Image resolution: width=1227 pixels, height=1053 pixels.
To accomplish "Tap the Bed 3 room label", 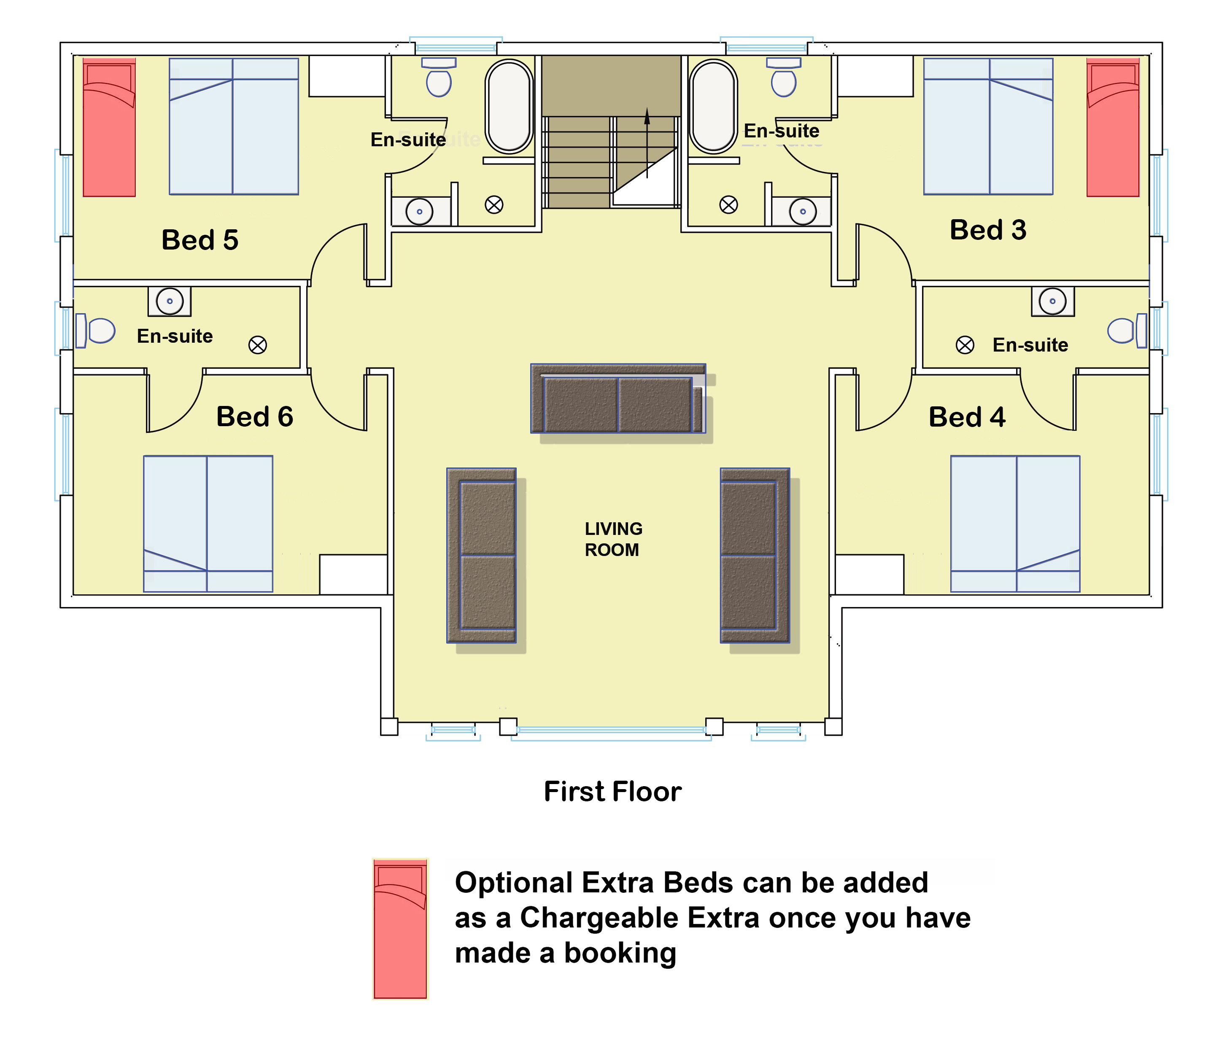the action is point(988,230).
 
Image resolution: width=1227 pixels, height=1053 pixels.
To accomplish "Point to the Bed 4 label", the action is point(967,417).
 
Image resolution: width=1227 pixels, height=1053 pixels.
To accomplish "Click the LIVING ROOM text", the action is point(613,539).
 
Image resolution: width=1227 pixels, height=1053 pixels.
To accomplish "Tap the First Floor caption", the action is point(612,791).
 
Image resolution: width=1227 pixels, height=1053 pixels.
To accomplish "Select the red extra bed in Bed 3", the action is point(1113,127).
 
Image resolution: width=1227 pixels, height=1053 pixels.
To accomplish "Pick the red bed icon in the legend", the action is point(400,929).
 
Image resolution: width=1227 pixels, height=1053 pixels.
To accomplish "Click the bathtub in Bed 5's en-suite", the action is point(509,107).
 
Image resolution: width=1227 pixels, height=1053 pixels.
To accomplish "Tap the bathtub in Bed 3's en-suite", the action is point(714,107).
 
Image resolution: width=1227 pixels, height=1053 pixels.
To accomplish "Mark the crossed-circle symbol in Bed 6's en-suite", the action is point(258,345).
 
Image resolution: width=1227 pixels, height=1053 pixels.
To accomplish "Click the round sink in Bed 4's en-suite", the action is point(1052,301).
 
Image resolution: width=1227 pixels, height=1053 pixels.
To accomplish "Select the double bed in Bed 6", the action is point(208,524).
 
